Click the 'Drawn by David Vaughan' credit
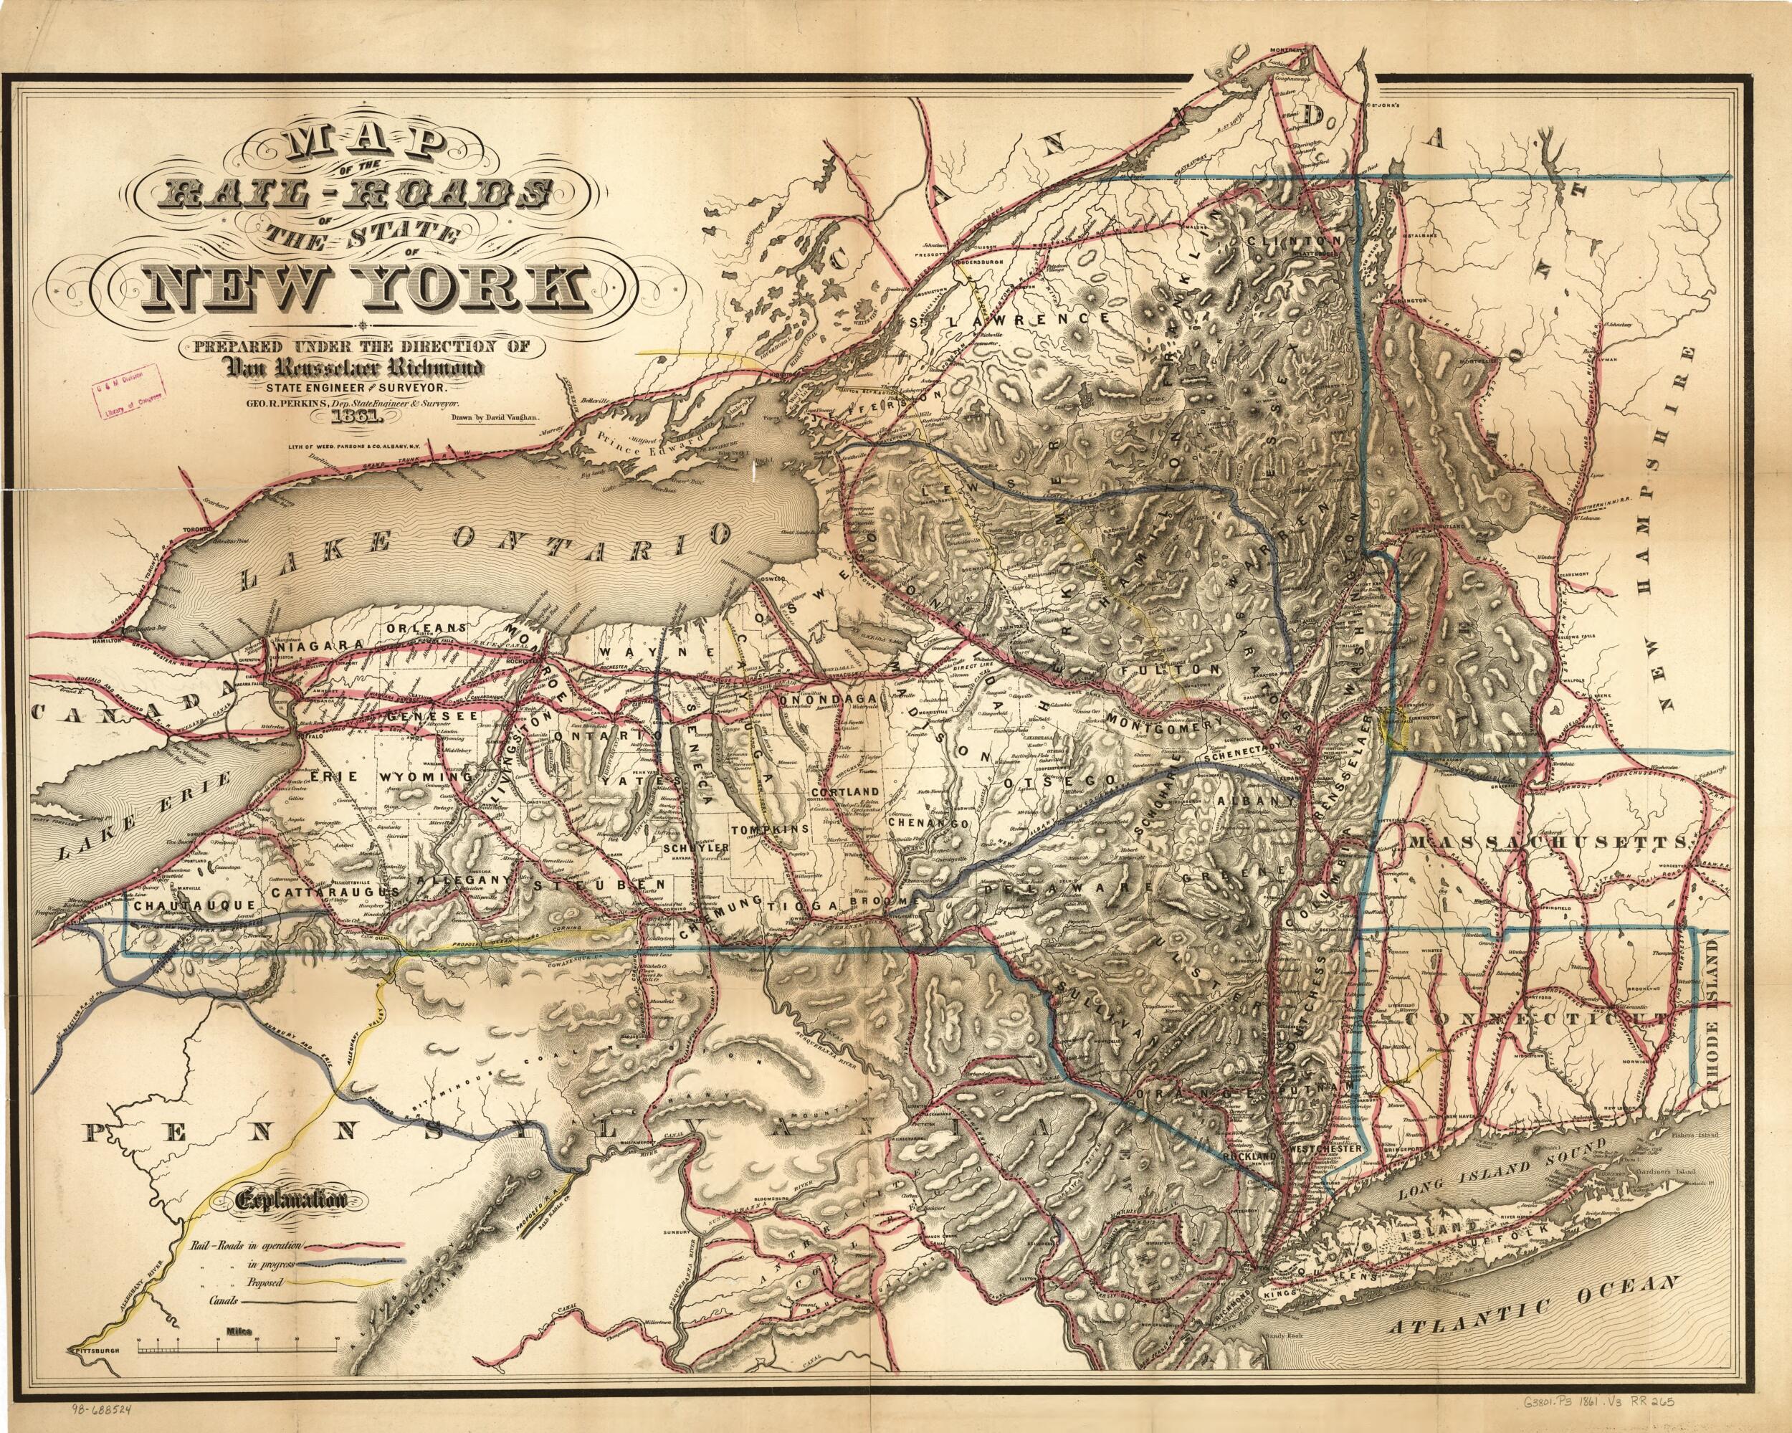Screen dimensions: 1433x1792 495,418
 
